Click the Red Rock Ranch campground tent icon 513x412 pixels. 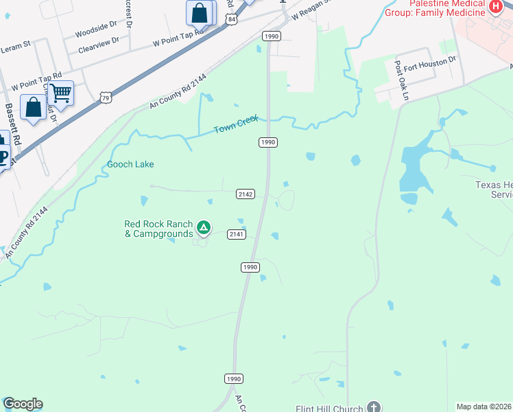pos(203,227)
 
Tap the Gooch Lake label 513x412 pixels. pos(130,165)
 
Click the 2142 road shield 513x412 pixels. pos(246,194)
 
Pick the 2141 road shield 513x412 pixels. pos(237,234)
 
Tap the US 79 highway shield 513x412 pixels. pos(106,98)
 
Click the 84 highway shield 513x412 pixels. pos(232,21)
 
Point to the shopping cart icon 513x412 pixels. pos(61,93)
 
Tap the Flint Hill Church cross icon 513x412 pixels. pos(374,407)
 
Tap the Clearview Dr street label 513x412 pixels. pos(98,49)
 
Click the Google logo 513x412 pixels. pos(23,404)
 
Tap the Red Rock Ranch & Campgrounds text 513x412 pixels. pos(158,229)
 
